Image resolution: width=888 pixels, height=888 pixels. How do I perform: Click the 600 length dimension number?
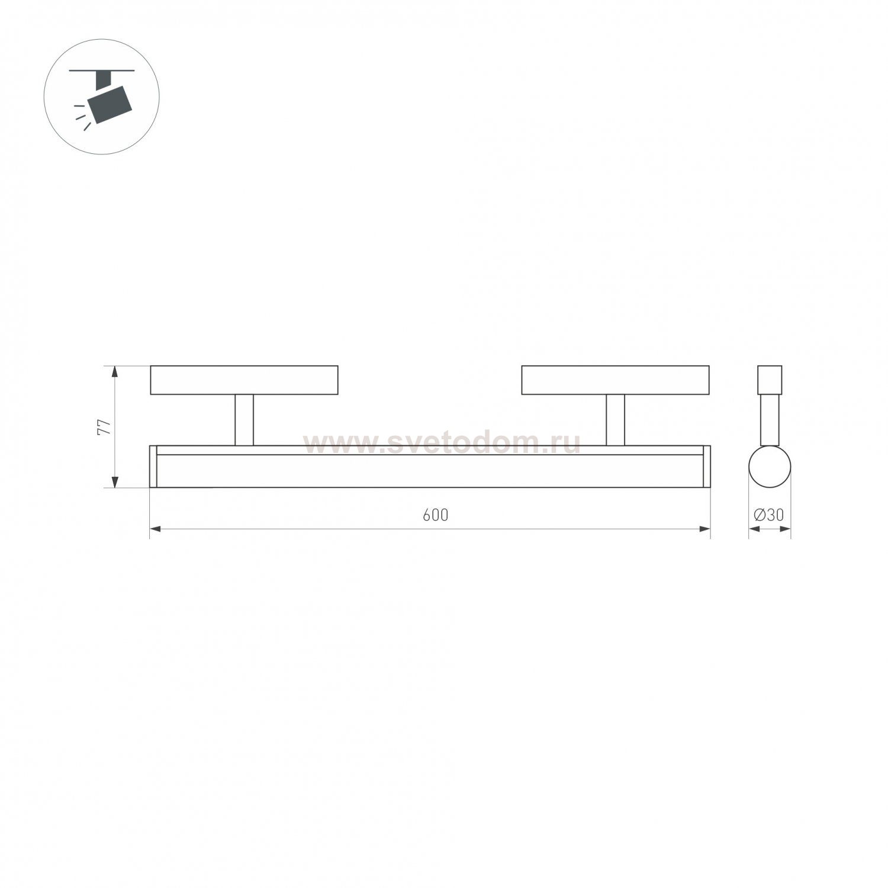coord(435,515)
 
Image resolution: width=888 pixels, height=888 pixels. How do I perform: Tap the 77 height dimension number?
coord(104,427)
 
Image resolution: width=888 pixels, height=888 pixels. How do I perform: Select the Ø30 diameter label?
coord(768,515)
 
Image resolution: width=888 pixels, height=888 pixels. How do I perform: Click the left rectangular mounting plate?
coord(244,380)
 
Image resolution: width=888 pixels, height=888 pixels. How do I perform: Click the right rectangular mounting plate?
coord(615,380)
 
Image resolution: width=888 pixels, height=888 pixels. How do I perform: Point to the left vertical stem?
coord(244,420)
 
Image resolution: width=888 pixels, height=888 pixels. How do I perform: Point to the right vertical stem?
coord(615,420)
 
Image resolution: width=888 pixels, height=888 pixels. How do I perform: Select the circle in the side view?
coord(770,466)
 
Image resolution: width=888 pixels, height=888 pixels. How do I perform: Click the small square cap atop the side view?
coord(770,379)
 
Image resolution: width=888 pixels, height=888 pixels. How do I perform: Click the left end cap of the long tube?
coord(153,466)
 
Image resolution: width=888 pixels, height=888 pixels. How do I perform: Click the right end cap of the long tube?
coord(706,466)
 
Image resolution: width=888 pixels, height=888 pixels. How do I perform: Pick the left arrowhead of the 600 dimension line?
coord(155,529)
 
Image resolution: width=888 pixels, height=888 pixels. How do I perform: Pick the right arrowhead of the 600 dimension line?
coord(704,529)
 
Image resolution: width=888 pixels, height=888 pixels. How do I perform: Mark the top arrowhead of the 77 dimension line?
coord(115,372)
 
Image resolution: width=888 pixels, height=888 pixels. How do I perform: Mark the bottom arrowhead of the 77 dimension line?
coord(115,482)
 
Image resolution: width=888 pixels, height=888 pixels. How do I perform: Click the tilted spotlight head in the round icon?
coord(111,105)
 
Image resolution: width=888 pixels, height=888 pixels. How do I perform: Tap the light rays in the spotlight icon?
coord(82,116)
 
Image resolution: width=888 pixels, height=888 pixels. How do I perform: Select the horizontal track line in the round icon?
coord(102,70)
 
